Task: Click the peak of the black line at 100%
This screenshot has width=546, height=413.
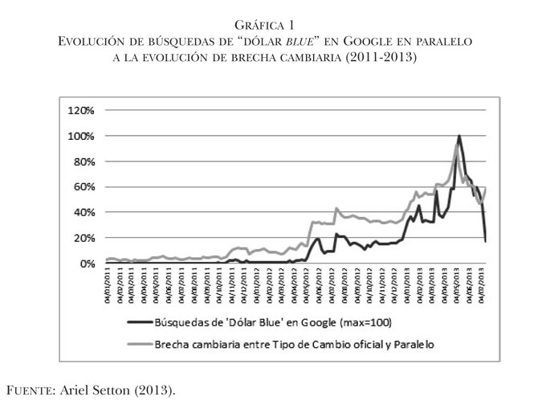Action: pyautogui.click(x=458, y=136)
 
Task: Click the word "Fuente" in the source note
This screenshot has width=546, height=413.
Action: pyautogui.click(x=37, y=391)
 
